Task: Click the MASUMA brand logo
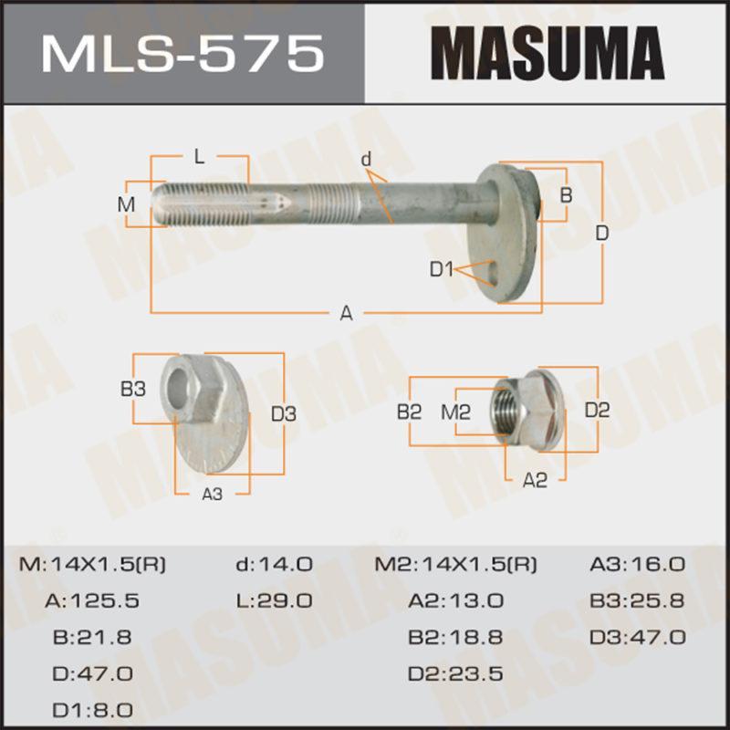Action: pos(547,53)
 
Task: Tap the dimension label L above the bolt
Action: pos(199,157)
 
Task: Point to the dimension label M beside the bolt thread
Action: pos(126,204)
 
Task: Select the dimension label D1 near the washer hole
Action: pos(441,268)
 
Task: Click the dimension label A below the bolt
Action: pos(346,313)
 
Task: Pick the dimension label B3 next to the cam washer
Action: pos(133,389)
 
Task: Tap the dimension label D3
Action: pos(284,413)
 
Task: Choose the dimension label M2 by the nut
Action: pos(455,412)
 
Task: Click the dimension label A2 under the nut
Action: pos(535,480)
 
